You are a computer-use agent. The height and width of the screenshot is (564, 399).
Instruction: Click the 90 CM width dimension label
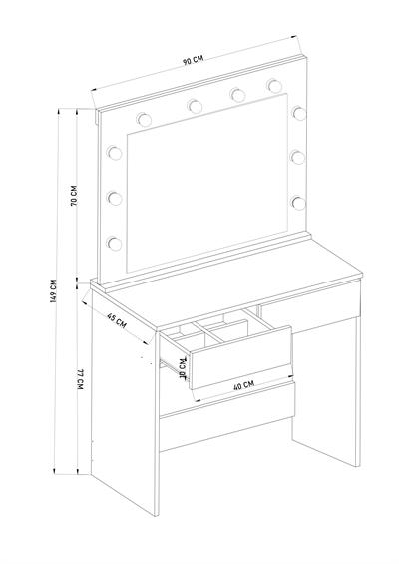pyautogui.click(x=193, y=60)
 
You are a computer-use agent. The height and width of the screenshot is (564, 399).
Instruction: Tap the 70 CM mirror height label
pyautogui.click(x=74, y=195)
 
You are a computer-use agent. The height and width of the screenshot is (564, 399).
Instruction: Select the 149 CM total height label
pyautogui.click(x=54, y=290)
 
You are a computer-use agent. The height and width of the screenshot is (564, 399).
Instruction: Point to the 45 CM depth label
pyautogui.click(x=117, y=320)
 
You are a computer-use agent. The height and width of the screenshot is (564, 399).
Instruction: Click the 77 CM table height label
pyautogui.click(x=80, y=379)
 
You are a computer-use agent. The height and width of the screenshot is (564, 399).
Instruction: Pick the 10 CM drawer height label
pyautogui.click(x=183, y=368)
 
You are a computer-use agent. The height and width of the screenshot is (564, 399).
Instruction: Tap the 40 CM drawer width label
pyautogui.click(x=243, y=386)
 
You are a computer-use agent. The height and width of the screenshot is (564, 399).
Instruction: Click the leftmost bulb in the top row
pyautogui.click(x=144, y=119)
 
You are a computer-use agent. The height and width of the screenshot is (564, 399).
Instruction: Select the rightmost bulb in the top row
pyautogui.click(x=274, y=86)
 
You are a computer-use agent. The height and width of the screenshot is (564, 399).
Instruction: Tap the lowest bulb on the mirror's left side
pyautogui.click(x=114, y=243)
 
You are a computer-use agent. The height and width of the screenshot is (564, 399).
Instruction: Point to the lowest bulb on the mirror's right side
pyautogui.click(x=298, y=203)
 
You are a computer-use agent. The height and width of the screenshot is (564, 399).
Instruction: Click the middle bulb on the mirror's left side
pyautogui.click(x=114, y=198)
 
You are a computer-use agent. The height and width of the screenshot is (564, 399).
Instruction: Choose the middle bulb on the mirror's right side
pyautogui.click(x=298, y=157)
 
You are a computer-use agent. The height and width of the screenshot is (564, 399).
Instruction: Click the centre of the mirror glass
pyautogui.click(x=207, y=183)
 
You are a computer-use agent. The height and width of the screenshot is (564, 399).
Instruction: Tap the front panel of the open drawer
pyautogui.click(x=240, y=358)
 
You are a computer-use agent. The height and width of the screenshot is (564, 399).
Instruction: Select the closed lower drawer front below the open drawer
pyautogui.click(x=227, y=416)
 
